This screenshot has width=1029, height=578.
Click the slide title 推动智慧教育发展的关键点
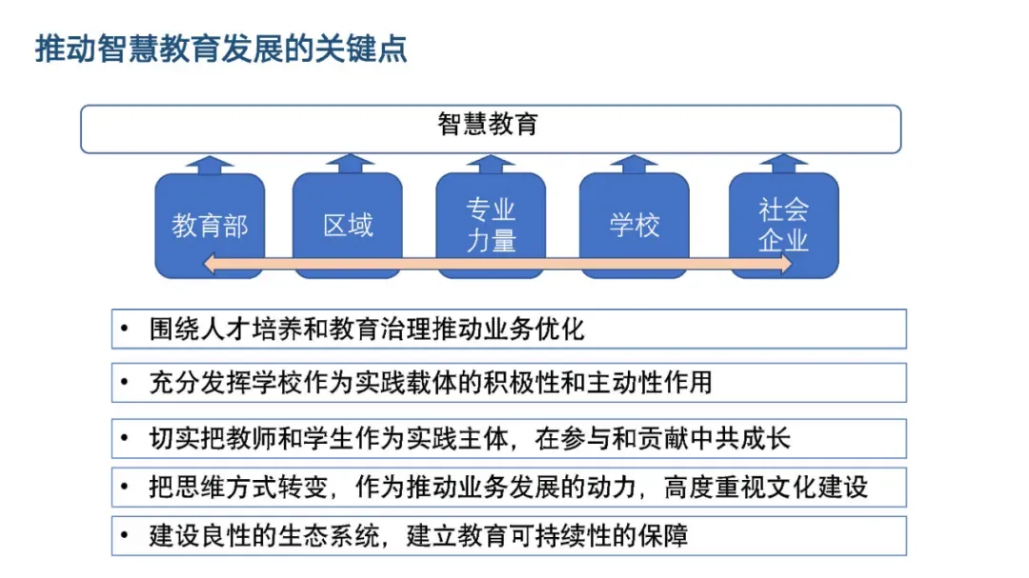pyautogui.click(x=221, y=49)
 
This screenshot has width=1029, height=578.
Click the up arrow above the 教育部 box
pyautogui.click(x=210, y=165)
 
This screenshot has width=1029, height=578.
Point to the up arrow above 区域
pyautogui.click(x=348, y=165)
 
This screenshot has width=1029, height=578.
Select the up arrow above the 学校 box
pyautogui.click(x=635, y=165)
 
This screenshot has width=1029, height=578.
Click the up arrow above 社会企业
pyautogui.click(x=783, y=165)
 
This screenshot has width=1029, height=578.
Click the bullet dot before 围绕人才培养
pyautogui.click(x=125, y=329)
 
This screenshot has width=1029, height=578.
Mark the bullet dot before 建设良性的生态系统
pyautogui.click(x=125, y=536)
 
